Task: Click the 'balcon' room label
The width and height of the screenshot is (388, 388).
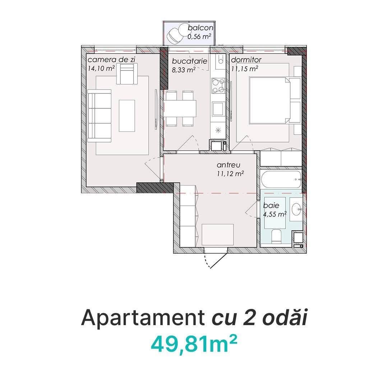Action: [200, 28]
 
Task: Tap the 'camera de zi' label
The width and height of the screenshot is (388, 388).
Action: [111, 60]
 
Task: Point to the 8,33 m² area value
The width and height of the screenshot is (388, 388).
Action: [184, 70]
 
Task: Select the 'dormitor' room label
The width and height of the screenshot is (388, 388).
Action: [246, 60]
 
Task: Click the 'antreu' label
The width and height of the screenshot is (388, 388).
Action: [228, 165]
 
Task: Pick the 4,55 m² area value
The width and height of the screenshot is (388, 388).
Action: [275, 214]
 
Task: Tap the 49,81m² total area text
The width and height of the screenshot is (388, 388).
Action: [194, 343]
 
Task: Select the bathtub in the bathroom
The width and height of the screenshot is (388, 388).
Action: [281, 179]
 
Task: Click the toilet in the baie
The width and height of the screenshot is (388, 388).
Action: [276, 236]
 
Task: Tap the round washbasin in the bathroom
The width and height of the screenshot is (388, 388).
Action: [296, 209]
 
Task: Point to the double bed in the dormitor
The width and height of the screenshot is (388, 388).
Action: [275, 100]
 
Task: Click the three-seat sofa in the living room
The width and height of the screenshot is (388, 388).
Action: [100, 116]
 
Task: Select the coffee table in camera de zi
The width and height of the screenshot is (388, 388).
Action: [127, 116]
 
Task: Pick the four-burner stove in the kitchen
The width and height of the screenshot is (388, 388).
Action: [218, 86]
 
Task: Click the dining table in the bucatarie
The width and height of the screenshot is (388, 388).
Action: [180, 108]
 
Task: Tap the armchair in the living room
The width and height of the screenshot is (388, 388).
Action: [127, 74]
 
